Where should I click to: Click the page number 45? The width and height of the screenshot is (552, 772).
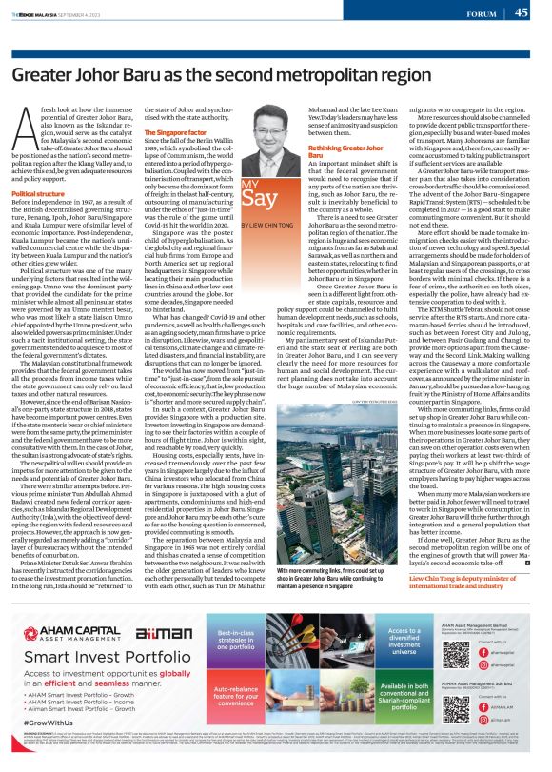(x=521, y=12)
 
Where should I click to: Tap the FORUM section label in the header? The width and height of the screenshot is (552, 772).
(x=484, y=13)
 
